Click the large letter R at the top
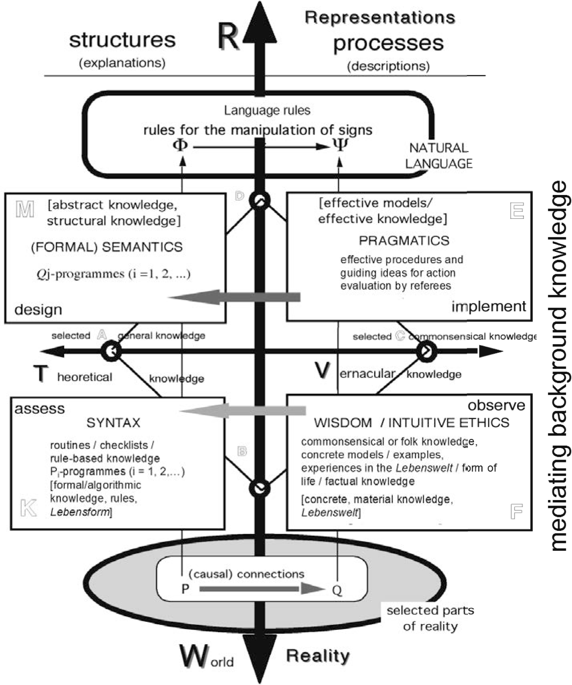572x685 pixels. click(x=229, y=37)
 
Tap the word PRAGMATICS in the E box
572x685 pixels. click(x=404, y=241)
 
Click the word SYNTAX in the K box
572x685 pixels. click(x=113, y=423)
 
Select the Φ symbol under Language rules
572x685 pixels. click(x=180, y=145)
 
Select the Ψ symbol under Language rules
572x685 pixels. click(x=340, y=145)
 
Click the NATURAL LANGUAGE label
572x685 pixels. click(x=439, y=156)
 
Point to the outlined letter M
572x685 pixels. click(x=25, y=209)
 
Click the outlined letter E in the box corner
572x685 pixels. click(x=517, y=211)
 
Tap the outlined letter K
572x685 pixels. click(x=28, y=508)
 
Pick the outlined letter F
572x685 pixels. click(x=516, y=511)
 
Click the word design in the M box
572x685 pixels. click(x=38, y=310)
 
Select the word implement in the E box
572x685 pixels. click(x=488, y=306)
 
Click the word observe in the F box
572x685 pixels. click(x=496, y=406)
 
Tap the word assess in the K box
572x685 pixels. click(x=39, y=409)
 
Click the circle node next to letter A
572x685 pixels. click(x=111, y=352)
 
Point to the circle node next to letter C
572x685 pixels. click(x=426, y=352)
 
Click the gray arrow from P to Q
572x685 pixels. click(x=260, y=589)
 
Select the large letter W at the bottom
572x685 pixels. click(x=194, y=656)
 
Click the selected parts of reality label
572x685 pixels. click(x=430, y=618)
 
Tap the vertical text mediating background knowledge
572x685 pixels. click(x=558, y=366)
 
